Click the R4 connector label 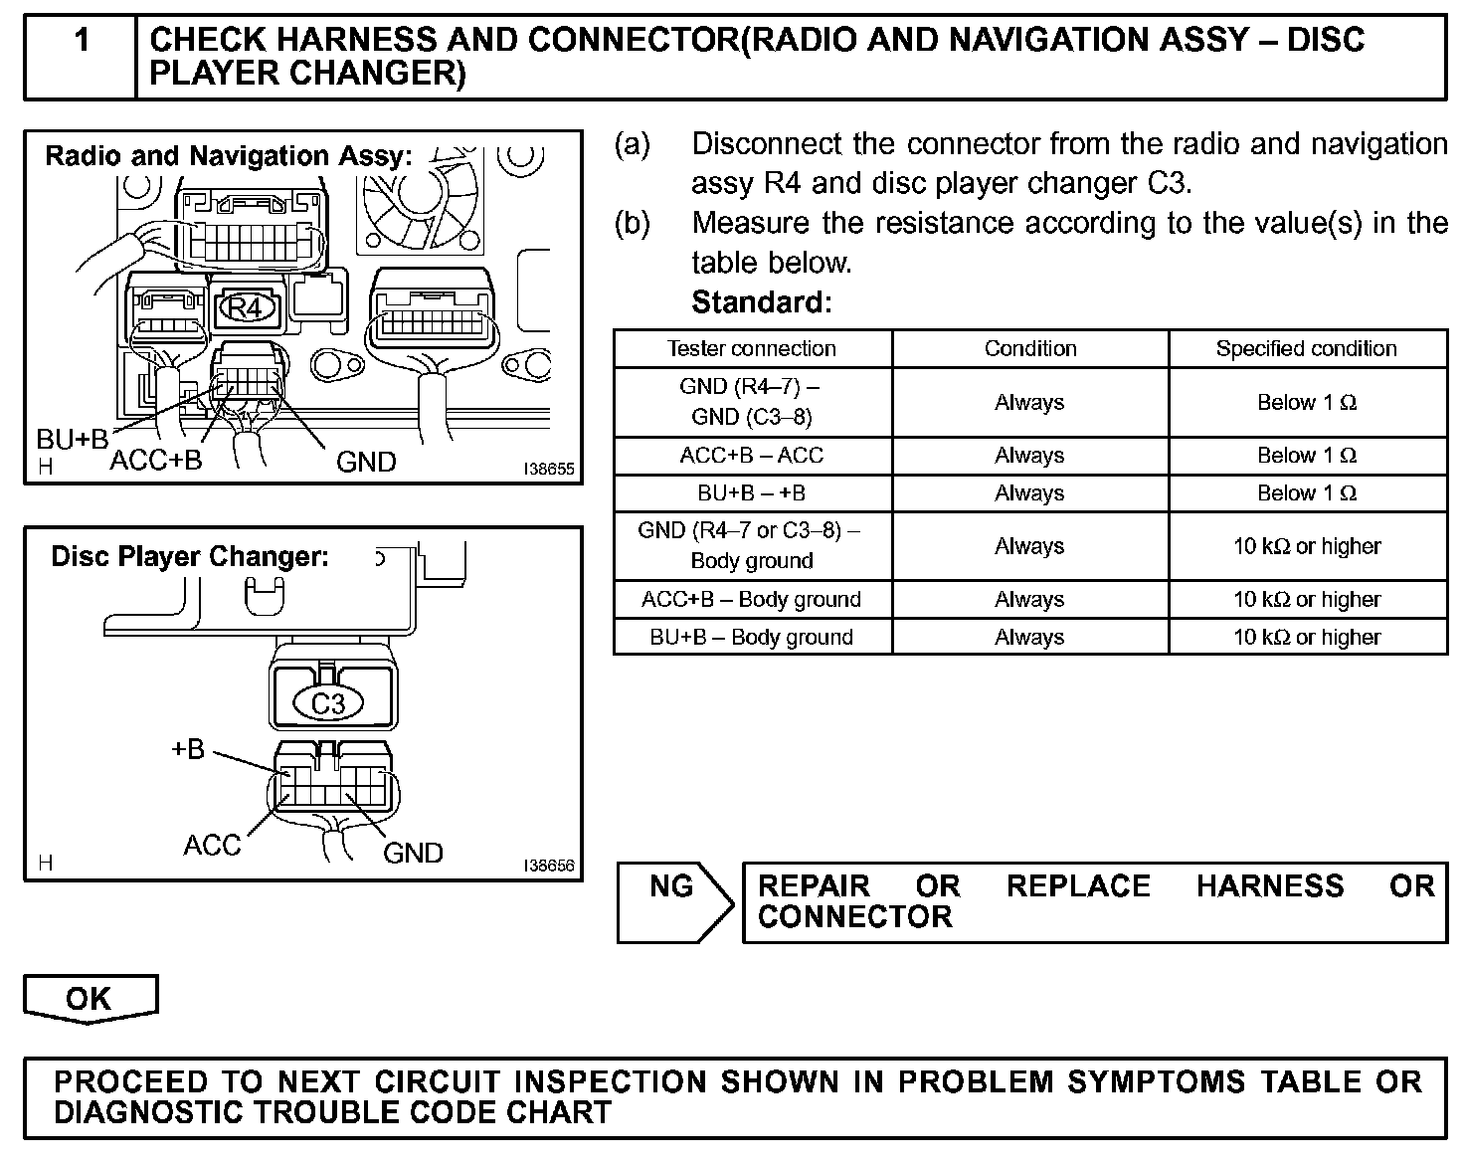tap(245, 307)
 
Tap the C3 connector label tap(327, 704)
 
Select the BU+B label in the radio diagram tap(72, 439)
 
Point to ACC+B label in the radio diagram tap(155, 461)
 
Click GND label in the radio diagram tap(366, 462)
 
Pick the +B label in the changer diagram tap(187, 748)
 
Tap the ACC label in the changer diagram tap(212, 846)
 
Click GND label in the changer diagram tap(413, 853)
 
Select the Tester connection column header tap(752, 349)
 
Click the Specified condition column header tap(1306, 349)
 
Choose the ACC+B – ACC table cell tap(752, 456)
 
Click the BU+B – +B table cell tap(752, 493)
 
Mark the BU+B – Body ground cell tap(752, 638)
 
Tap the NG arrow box tap(672, 900)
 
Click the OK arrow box tap(90, 999)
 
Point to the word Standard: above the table tap(761, 301)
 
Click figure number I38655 tap(549, 470)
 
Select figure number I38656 tap(549, 866)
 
